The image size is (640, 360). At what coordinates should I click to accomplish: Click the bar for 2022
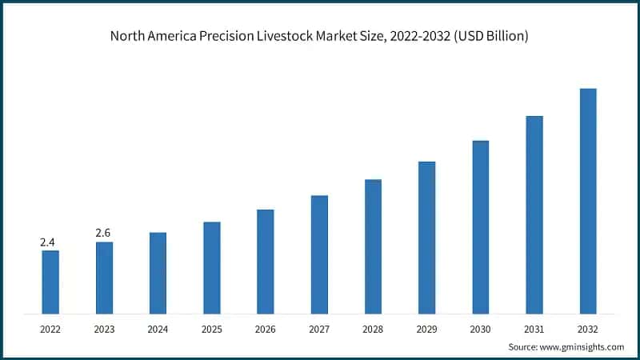coord(50,282)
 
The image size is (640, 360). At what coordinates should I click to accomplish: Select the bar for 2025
coord(212,267)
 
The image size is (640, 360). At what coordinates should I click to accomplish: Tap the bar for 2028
coord(373,246)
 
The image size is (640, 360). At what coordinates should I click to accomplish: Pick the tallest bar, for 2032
coord(588,201)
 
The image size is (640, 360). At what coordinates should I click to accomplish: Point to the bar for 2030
coord(481,227)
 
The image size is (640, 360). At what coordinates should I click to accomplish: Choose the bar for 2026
coord(266,262)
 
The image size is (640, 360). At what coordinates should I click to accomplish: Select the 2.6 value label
coord(104,233)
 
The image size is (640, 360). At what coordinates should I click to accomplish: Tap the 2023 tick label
coord(104,329)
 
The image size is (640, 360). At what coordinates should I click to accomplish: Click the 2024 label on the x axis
coord(158,329)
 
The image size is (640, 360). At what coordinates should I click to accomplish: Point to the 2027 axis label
coord(319,329)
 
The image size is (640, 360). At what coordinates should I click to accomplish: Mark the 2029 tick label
coord(426,329)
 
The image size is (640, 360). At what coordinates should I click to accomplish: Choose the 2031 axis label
coord(534,329)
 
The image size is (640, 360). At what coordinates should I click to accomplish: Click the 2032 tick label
coord(588,329)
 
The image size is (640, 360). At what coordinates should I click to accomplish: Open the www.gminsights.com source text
coord(583,346)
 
